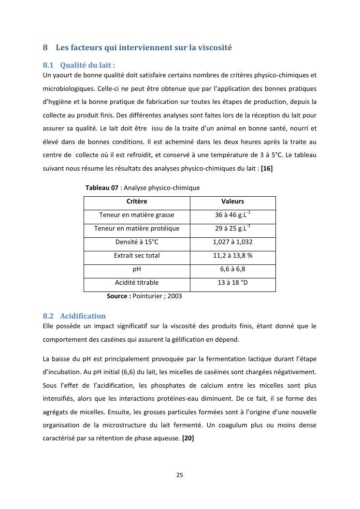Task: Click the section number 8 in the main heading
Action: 45,48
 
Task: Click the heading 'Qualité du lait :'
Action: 87,65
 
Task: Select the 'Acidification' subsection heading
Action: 83,316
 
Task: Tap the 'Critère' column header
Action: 137,202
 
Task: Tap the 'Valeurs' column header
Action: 232,202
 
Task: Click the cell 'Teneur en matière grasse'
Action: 137,215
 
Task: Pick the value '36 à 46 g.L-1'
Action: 232,215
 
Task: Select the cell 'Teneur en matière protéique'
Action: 137,229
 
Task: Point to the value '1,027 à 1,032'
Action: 232,242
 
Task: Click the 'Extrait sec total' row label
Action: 137,256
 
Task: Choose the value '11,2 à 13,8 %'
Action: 232,256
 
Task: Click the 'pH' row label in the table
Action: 137,269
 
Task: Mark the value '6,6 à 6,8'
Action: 232,269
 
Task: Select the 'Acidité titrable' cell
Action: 137,283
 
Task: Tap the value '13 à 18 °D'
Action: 232,283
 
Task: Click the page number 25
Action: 180,475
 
